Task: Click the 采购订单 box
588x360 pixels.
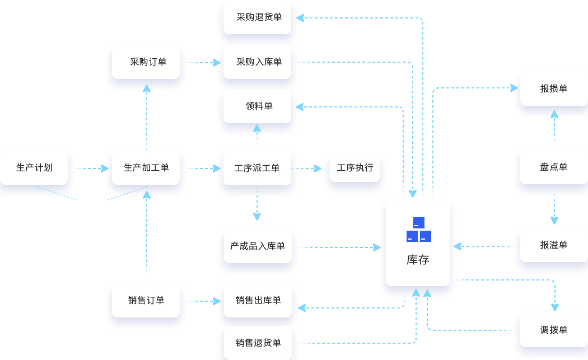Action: (x=146, y=62)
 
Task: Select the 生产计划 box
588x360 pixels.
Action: (x=34, y=167)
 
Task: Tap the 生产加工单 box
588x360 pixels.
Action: (x=146, y=167)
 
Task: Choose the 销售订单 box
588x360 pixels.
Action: (x=146, y=300)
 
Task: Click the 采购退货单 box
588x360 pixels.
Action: (x=258, y=17)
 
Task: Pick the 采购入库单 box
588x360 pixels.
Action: (x=258, y=62)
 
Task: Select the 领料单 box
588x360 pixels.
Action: (x=258, y=106)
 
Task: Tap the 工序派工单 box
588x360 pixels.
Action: (x=258, y=167)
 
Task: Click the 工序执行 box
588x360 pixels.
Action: (x=355, y=167)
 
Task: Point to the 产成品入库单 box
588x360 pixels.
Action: (x=258, y=246)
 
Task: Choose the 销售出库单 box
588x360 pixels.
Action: (x=258, y=300)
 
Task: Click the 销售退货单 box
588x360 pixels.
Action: (x=258, y=343)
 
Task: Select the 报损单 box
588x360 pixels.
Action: (x=553, y=88)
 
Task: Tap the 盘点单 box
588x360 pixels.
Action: (x=553, y=167)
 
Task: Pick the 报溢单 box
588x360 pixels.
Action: (x=553, y=245)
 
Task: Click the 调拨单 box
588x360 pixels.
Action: (x=553, y=330)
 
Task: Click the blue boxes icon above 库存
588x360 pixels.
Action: (x=418, y=230)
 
